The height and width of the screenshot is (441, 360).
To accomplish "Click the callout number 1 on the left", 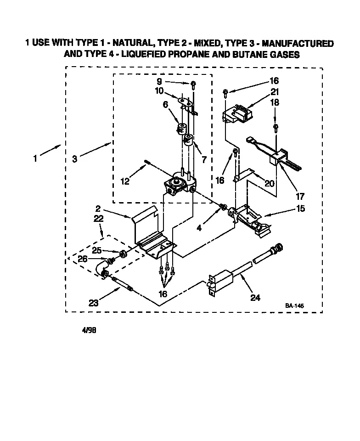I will point(35,159).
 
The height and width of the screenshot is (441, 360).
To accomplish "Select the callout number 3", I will point(75,159).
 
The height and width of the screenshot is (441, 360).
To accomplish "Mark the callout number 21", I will point(275,91).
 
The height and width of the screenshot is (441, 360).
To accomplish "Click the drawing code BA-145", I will point(294,306).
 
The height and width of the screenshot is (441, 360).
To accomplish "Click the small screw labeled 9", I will point(194,84).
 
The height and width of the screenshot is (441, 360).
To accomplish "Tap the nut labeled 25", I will point(123,254).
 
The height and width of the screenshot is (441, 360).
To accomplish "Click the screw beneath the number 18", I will point(275,126).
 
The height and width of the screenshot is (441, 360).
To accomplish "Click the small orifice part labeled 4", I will point(223,207).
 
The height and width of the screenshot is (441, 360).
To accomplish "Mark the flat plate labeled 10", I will point(183,100).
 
